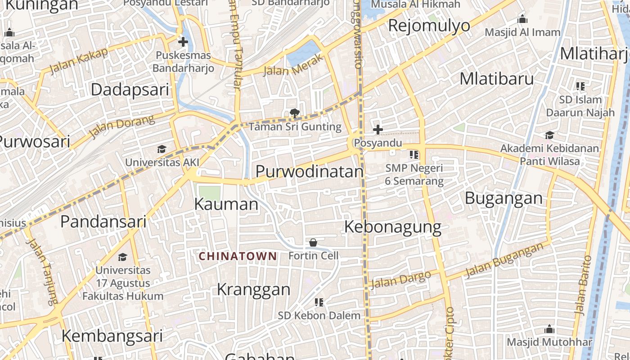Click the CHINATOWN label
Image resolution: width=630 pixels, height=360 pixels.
point(238,256)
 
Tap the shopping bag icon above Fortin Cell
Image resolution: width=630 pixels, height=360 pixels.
point(313,243)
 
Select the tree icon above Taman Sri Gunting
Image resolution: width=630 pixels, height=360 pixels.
point(295,113)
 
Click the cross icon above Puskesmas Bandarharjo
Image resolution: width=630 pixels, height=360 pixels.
point(183,42)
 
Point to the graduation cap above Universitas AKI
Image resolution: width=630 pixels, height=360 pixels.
point(162,149)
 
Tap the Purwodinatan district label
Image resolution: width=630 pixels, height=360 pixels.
point(310,171)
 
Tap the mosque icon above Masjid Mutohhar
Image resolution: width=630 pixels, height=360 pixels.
point(549,329)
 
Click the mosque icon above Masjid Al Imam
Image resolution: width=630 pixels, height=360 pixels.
point(522,19)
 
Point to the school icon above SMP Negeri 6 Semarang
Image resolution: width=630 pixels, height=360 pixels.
point(414,155)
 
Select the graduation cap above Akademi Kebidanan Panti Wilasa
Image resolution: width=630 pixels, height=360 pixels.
point(549,135)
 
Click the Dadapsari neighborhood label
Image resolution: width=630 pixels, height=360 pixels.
point(130,89)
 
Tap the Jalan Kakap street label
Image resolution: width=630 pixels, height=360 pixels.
point(79,60)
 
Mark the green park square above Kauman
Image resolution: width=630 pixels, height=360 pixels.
point(209,193)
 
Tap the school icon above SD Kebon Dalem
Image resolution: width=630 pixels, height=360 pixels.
point(319,302)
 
